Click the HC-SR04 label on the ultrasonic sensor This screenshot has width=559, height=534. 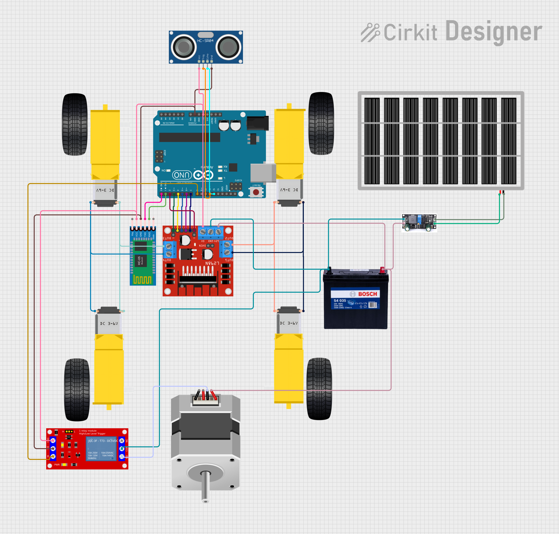click(x=205, y=41)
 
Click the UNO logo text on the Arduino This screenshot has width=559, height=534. click(x=182, y=175)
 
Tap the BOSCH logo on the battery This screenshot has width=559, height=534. click(x=367, y=294)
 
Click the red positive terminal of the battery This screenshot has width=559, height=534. click(x=382, y=270)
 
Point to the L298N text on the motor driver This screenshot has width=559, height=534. click(x=212, y=263)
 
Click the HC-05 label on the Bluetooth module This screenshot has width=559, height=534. click(x=139, y=260)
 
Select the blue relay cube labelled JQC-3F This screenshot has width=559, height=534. click(x=102, y=449)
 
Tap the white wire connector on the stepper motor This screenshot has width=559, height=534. click(x=205, y=399)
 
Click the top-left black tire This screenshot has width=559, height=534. click(x=75, y=124)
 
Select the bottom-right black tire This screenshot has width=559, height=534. click(x=319, y=388)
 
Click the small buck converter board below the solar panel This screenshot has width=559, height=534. click(x=419, y=223)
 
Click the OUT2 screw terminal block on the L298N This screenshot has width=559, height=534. click(x=227, y=249)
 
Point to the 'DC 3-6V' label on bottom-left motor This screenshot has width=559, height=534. click(x=109, y=324)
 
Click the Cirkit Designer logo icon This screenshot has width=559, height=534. click(x=370, y=32)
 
